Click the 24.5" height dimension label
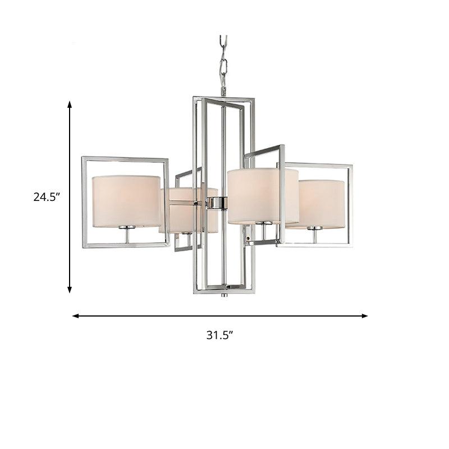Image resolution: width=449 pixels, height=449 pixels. pos(47,197)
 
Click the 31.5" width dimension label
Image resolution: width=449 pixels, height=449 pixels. pos(219,336)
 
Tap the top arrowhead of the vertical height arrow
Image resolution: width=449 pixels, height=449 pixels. pos(70,105)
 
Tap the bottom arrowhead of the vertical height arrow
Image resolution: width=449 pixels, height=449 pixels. pos(70,289)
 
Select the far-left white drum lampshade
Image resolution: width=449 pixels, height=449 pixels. pos(126,201)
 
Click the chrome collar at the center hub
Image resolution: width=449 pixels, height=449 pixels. pos(216,203)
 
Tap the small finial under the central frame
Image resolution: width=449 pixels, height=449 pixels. pos(224,294)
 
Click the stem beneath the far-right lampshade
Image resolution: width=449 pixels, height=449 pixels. pos(315,236)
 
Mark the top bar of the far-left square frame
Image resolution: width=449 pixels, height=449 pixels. pos(125,159)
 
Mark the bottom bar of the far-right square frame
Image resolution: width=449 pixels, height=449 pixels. pos(314,245)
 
